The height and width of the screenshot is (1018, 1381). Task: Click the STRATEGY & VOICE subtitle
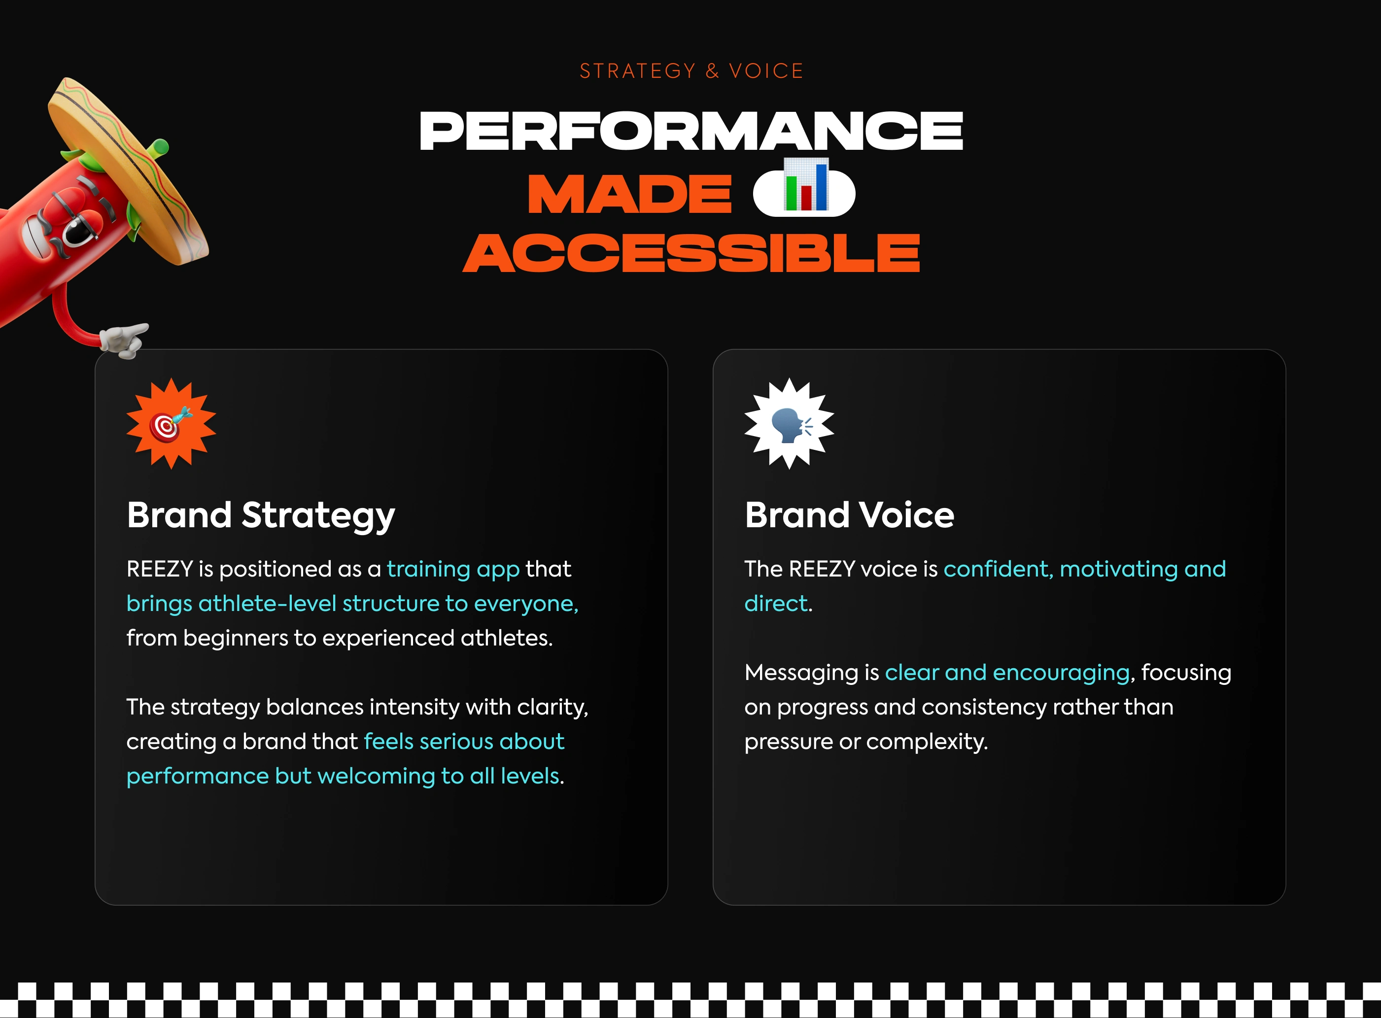(x=691, y=71)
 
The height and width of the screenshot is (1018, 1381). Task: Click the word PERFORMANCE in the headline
(x=691, y=131)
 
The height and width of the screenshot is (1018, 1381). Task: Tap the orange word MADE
(x=630, y=194)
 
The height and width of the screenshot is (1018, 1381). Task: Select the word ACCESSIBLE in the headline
(x=691, y=253)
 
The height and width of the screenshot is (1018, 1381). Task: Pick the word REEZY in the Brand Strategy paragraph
(x=160, y=569)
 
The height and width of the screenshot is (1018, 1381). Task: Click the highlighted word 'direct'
(x=776, y=603)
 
